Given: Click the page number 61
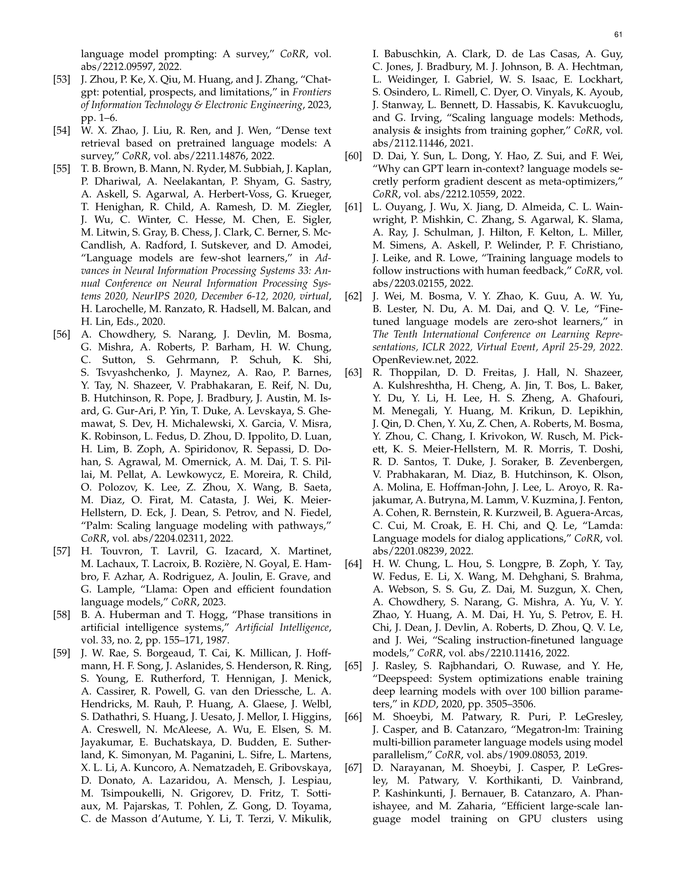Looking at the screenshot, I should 618,35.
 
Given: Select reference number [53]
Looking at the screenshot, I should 61,80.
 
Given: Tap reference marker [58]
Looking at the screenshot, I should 61,615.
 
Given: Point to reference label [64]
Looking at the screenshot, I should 353,564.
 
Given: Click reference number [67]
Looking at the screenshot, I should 353,767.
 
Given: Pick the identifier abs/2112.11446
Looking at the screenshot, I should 401,144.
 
